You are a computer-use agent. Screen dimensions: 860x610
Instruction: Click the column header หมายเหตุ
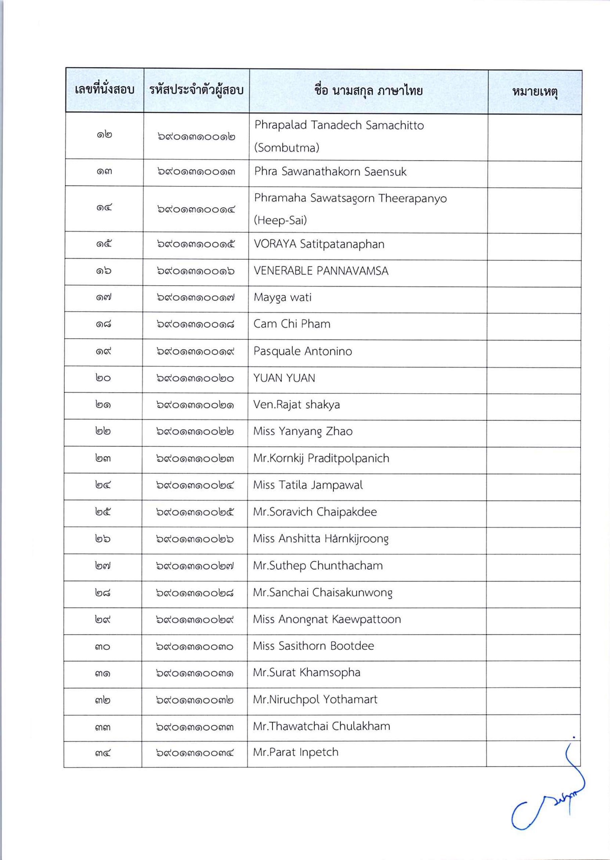tap(535, 92)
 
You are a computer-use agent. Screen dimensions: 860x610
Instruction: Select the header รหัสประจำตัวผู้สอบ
tap(196, 91)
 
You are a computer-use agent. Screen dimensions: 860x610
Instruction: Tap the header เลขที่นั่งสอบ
tap(104, 90)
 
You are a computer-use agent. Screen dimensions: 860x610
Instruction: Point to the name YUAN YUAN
tap(284, 378)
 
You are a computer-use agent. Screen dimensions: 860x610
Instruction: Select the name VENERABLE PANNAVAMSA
tap(321, 271)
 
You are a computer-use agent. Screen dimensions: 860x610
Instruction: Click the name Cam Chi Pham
tap(292, 324)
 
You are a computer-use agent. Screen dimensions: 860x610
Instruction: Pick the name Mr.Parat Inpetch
tap(296, 752)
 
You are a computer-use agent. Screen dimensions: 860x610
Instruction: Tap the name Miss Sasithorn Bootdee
tap(313, 646)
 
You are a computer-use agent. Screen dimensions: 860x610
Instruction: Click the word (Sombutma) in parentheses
tap(287, 148)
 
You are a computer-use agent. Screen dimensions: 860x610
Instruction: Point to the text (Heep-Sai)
tap(280, 220)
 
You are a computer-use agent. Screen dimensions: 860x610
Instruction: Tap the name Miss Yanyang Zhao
tap(303, 431)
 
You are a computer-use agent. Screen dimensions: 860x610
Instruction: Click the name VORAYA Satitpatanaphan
tap(319, 245)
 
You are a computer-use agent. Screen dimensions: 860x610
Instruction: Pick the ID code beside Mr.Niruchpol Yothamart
tap(195, 700)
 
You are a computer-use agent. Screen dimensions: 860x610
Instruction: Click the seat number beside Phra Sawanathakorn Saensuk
tap(104, 172)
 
